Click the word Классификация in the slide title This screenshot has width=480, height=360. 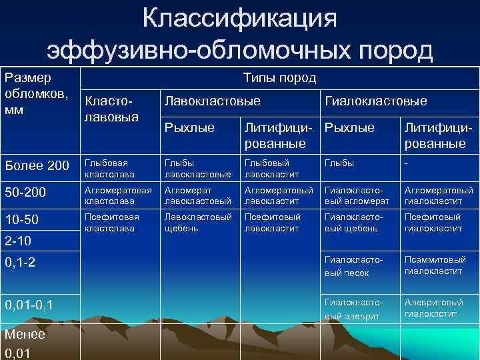239,18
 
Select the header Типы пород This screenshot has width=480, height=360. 279,79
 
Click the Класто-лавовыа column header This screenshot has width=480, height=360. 110,109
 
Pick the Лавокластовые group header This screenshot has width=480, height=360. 212,101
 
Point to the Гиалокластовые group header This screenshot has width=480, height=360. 375,101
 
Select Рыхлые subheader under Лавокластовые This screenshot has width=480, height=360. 189,127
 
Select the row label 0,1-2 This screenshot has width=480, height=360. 22,263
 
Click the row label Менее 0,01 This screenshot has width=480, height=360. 24,343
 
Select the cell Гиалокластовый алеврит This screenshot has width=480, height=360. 353,309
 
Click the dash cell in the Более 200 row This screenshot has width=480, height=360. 407,162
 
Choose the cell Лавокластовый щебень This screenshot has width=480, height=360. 197,223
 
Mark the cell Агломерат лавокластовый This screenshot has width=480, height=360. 197,195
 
